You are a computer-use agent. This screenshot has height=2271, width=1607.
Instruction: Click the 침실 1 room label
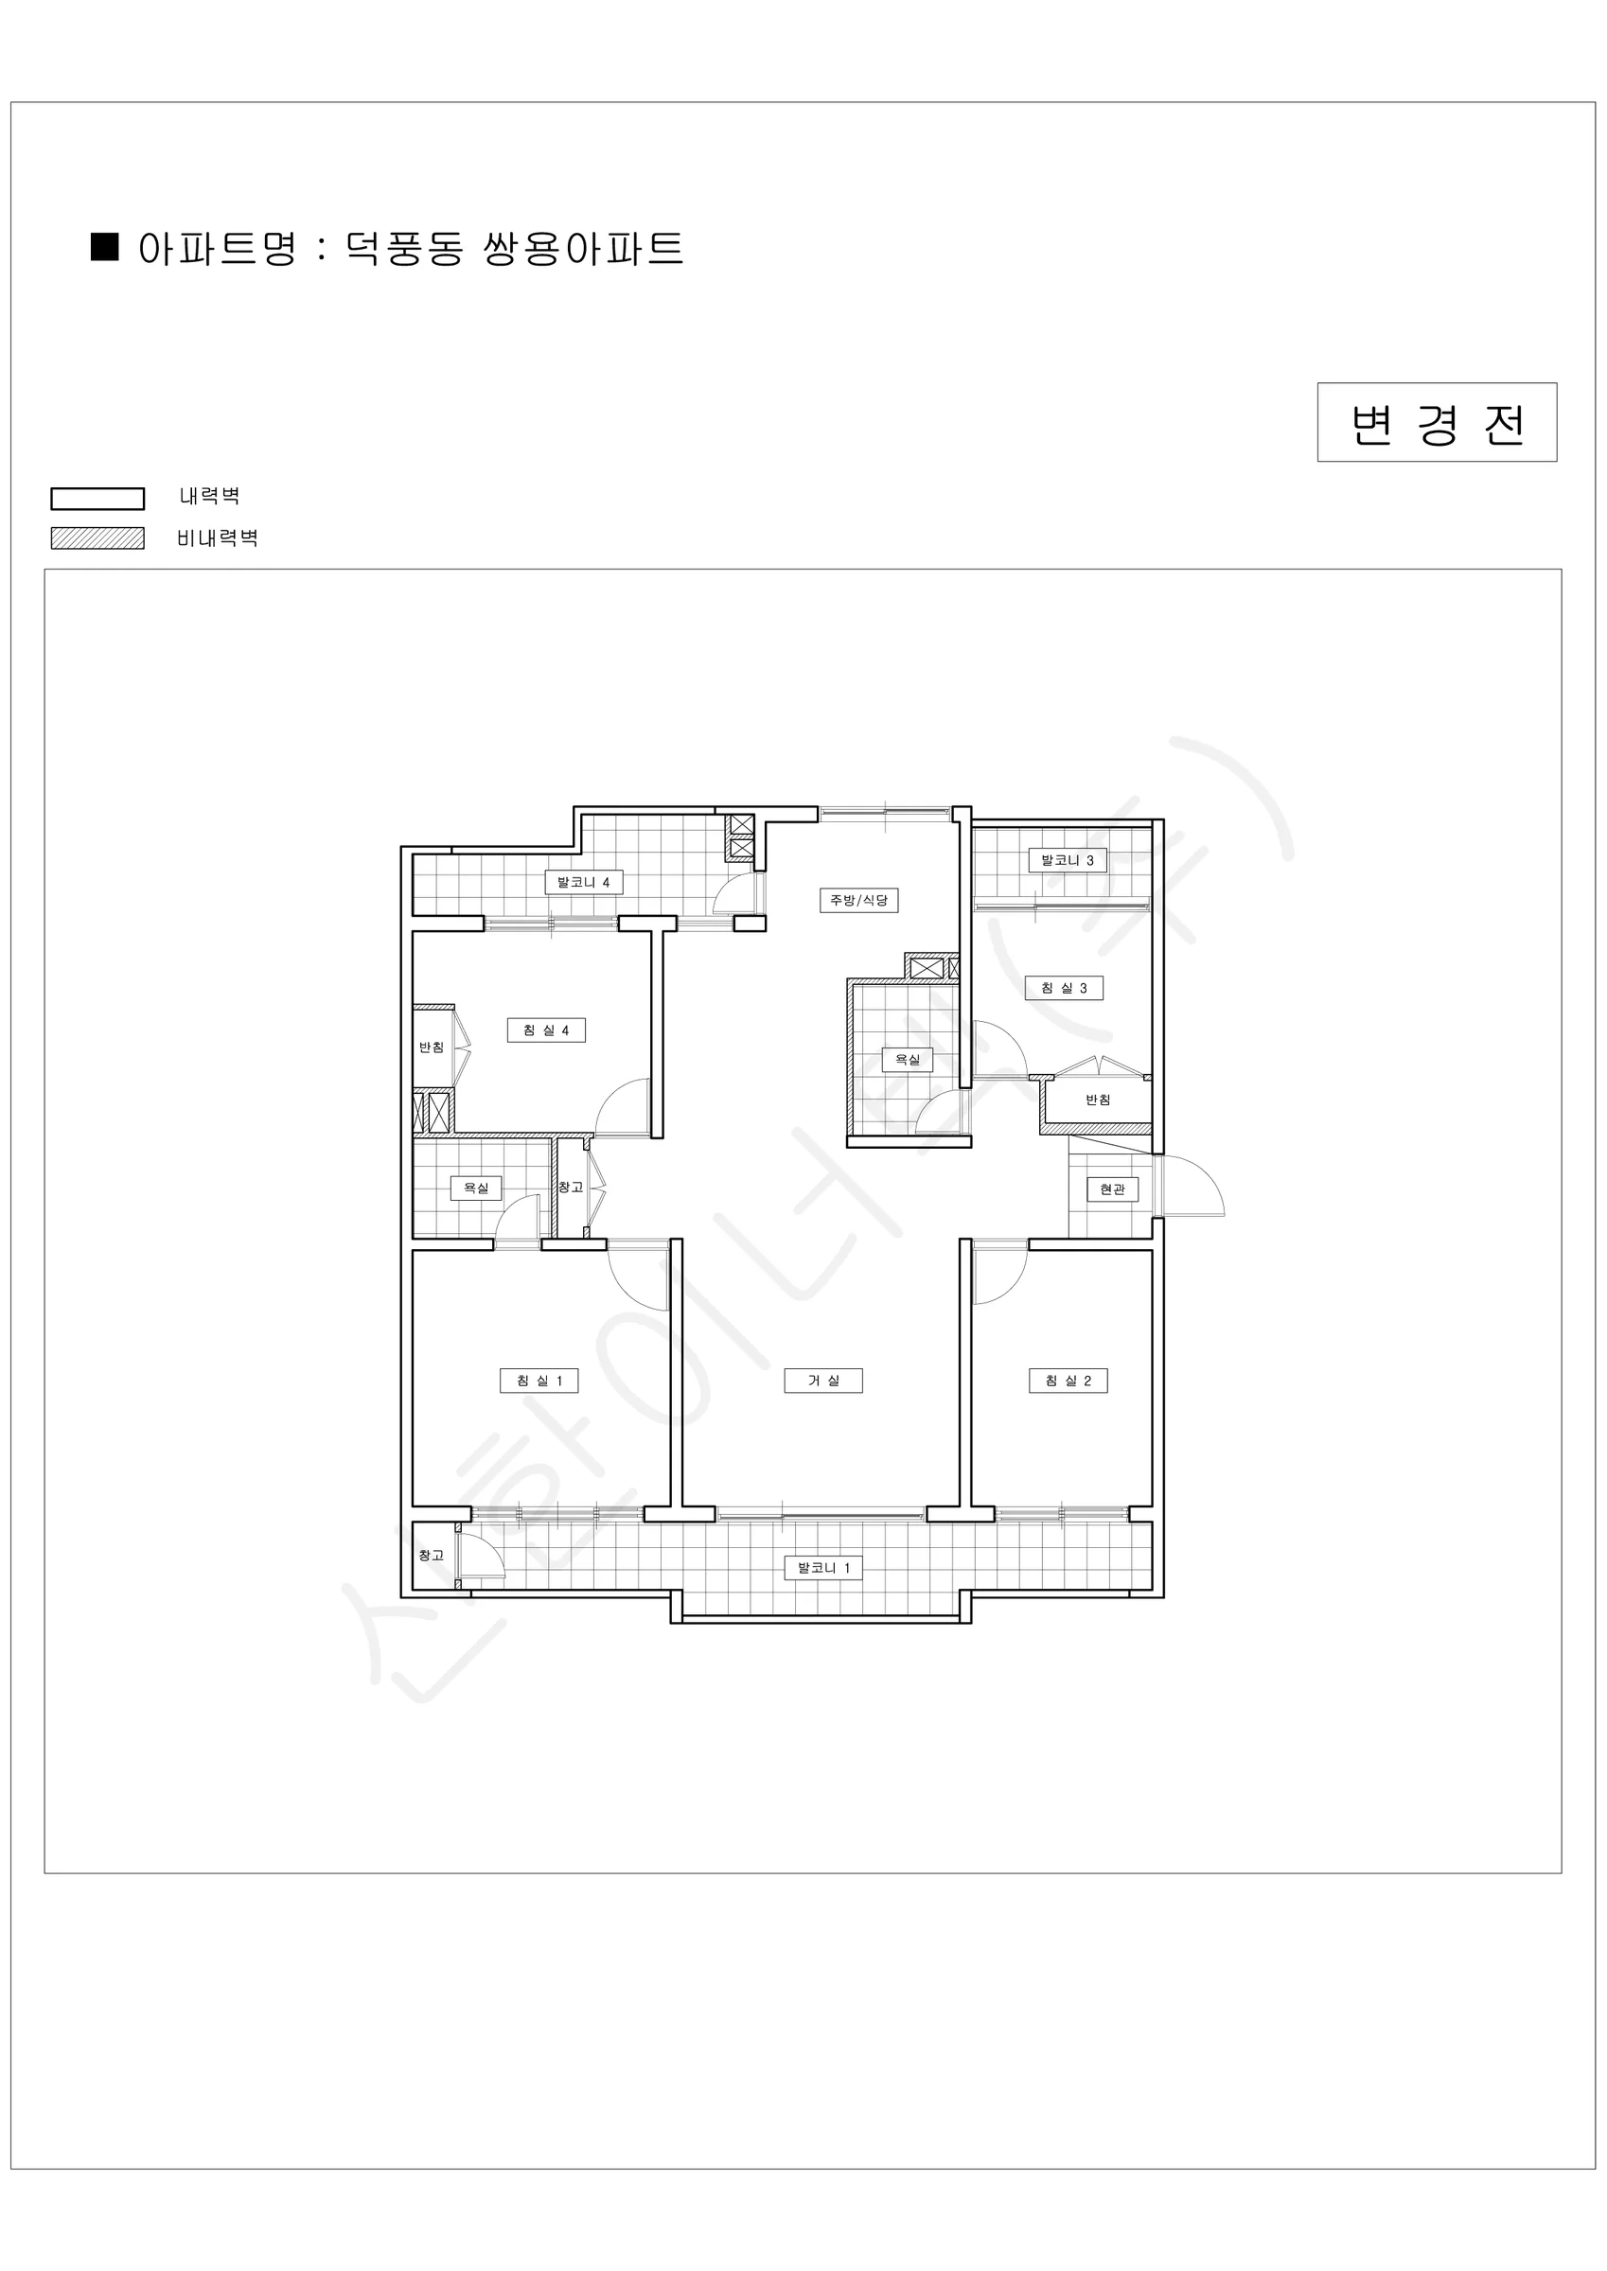[539, 1381]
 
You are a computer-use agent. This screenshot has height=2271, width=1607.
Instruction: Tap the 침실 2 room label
[1068, 1381]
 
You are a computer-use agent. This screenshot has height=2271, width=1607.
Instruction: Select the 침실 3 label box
[1064, 988]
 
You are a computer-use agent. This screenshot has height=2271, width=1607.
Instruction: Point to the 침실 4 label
[546, 1030]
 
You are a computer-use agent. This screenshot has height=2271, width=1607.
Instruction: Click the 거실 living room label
[823, 1381]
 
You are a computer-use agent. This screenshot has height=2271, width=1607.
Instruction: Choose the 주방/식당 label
[859, 900]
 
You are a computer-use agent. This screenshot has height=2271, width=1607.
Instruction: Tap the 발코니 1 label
[823, 1568]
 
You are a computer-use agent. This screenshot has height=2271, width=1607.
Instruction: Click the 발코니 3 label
[1068, 860]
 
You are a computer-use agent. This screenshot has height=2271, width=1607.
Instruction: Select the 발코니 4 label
[584, 882]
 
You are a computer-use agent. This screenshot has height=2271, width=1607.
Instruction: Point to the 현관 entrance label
[1112, 1188]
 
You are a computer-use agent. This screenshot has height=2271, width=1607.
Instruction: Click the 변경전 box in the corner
[1437, 422]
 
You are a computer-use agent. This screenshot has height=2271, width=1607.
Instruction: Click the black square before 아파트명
[105, 246]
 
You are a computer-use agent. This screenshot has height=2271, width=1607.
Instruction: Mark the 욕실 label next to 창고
[476, 1188]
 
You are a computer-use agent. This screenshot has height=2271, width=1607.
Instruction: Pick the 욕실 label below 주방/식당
[908, 1060]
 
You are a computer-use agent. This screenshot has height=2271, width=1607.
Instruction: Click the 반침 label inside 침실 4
[432, 1047]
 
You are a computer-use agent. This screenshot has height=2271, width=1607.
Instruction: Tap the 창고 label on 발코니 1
[432, 1555]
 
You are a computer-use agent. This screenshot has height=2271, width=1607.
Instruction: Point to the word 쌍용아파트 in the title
[583, 247]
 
